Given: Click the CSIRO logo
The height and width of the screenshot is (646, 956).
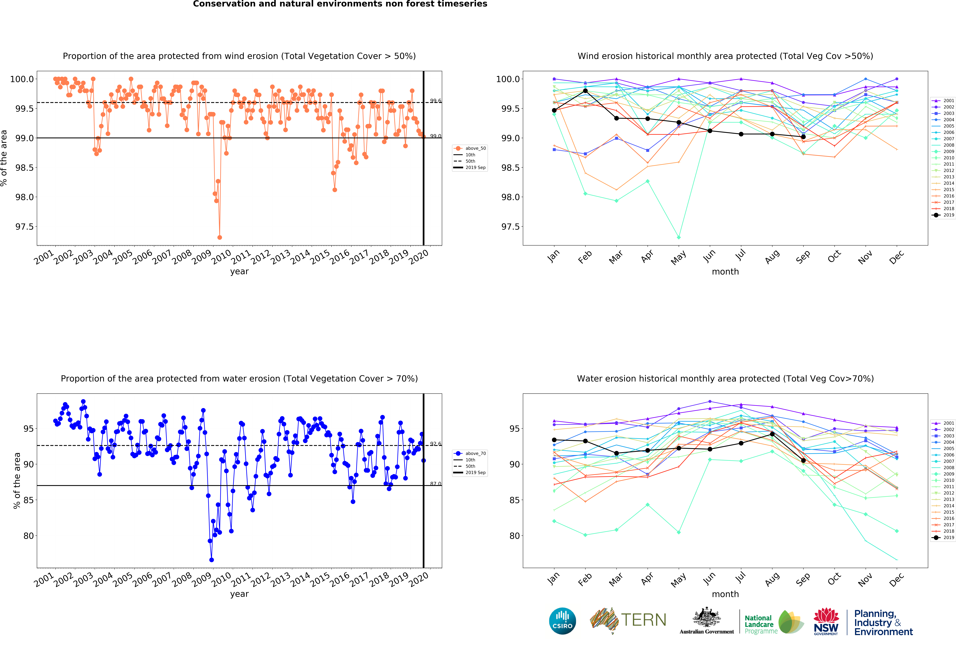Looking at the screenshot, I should click(562, 621).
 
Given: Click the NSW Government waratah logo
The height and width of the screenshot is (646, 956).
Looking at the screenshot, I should click(826, 621).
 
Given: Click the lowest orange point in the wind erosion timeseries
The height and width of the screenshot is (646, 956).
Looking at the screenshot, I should click(220, 237).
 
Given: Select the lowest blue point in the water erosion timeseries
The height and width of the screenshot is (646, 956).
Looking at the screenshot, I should click(211, 560).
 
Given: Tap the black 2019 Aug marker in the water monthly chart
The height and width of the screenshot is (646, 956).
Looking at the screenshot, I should click(772, 434).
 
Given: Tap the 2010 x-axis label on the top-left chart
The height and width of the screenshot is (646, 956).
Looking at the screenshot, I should click(221, 258).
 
